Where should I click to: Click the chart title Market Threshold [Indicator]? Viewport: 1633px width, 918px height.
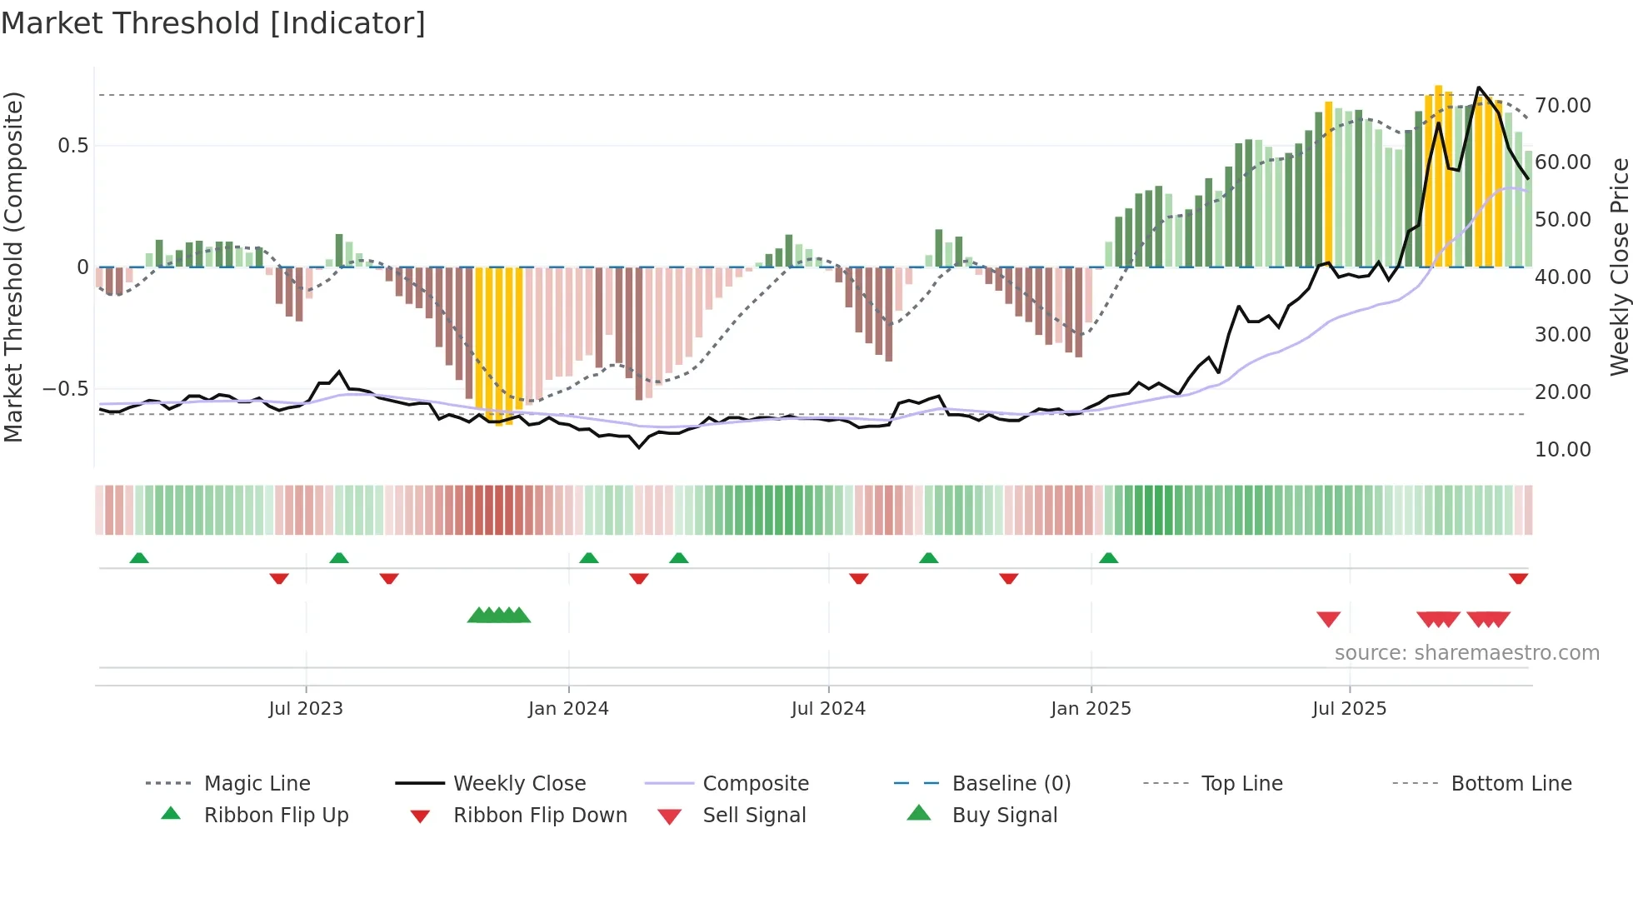213,23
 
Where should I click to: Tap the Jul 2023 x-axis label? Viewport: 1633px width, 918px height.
306,709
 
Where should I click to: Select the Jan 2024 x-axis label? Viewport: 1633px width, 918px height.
568,709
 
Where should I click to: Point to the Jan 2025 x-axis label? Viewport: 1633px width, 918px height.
1091,709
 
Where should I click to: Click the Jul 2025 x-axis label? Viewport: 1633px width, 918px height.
1349,709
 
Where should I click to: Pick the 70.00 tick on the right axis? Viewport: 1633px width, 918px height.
1563,106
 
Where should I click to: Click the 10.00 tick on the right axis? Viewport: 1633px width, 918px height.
1563,450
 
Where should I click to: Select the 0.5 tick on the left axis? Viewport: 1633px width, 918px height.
72,146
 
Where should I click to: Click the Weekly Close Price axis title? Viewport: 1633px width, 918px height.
1619,267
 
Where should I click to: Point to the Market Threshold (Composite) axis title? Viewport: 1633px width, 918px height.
13,267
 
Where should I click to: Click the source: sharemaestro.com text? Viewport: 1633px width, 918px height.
1466,653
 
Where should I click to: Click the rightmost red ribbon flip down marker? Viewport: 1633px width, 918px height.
1518,578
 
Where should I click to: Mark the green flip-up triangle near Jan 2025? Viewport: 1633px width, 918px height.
1108,558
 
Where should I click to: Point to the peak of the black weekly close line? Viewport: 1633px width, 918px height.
1479,87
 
